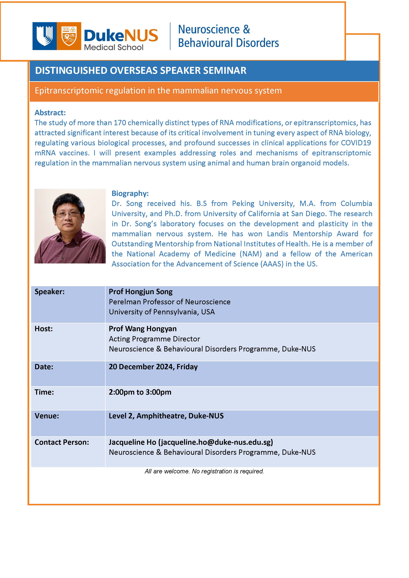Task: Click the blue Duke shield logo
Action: [44, 36]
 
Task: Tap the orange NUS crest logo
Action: [69, 36]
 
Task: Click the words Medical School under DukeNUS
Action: [113, 47]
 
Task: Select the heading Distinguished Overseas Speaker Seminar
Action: [141, 71]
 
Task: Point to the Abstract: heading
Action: [50, 113]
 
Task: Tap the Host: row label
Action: [44, 329]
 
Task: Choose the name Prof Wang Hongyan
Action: [143, 329]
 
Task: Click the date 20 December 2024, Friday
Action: [153, 367]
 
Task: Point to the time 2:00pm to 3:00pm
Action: [140, 392]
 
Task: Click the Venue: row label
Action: [47, 416]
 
